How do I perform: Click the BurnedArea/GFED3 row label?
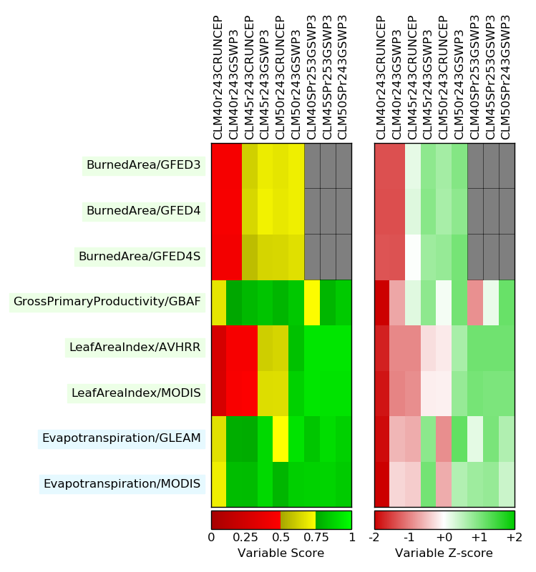(143, 166)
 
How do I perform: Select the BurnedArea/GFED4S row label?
(139, 256)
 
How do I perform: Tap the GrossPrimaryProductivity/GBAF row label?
(107, 302)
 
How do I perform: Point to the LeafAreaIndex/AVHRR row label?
(135, 347)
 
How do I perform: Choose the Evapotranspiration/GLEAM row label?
(121, 438)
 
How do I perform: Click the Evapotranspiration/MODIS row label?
(122, 484)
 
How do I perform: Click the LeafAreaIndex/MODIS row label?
(136, 393)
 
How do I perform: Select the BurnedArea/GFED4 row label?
(143, 211)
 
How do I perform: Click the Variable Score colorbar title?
(281, 553)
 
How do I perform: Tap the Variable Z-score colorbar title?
(444, 553)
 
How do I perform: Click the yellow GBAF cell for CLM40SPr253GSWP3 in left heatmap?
(312, 302)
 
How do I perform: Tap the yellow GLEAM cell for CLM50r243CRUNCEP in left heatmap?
(281, 438)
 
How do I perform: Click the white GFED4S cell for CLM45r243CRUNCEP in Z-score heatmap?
(413, 256)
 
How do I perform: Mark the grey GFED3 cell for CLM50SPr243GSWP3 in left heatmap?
(343, 166)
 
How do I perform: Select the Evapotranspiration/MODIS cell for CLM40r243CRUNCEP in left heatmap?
(218, 484)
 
